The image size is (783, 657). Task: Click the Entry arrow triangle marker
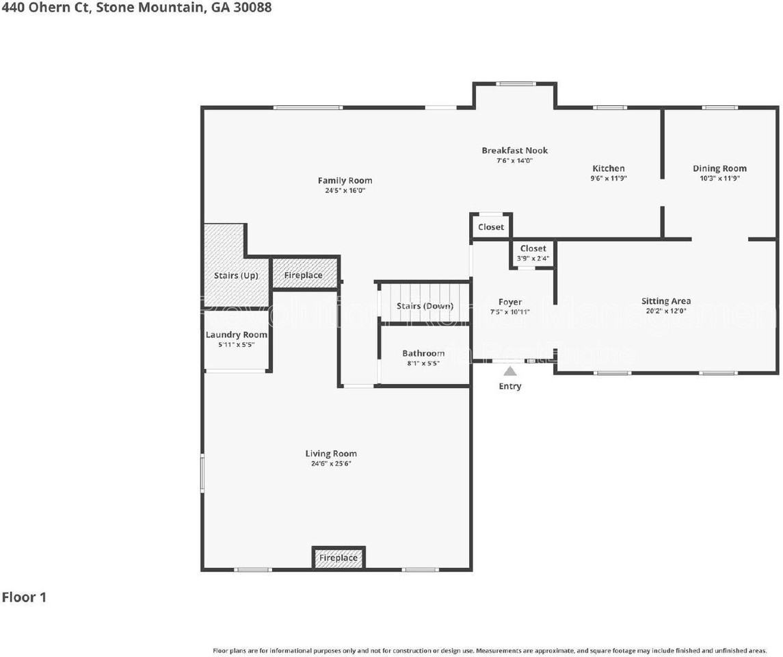pyautogui.click(x=510, y=372)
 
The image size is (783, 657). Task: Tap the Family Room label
pyautogui.click(x=345, y=181)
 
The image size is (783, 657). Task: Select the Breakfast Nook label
pyautogui.click(x=514, y=151)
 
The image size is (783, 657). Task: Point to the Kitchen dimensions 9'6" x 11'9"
pyautogui.click(x=608, y=178)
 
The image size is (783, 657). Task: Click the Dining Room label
pyautogui.click(x=719, y=168)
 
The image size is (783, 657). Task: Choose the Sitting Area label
pyautogui.click(x=665, y=301)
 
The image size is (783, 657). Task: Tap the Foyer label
pyautogui.click(x=510, y=302)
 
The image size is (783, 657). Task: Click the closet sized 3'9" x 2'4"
pyautogui.click(x=533, y=253)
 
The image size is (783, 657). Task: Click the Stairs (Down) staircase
pyautogui.click(x=425, y=305)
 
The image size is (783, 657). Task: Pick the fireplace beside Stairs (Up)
pyautogui.click(x=304, y=275)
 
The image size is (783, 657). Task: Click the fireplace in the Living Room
pyautogui.click(x=339, y=558)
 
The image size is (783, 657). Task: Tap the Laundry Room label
pyautogui.click(x=237, y=335)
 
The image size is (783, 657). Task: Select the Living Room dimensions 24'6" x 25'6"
pyautogui.click(x=331, y=463)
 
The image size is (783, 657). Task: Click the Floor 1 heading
pyautogui.click(x=24, y=597)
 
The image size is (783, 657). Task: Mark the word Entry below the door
pyautogui.click(x=510, y=386)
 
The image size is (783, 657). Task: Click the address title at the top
pyautogui.click(x=136, y=8)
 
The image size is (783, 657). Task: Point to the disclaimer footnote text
pyautogui.click(x=490, y=650)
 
